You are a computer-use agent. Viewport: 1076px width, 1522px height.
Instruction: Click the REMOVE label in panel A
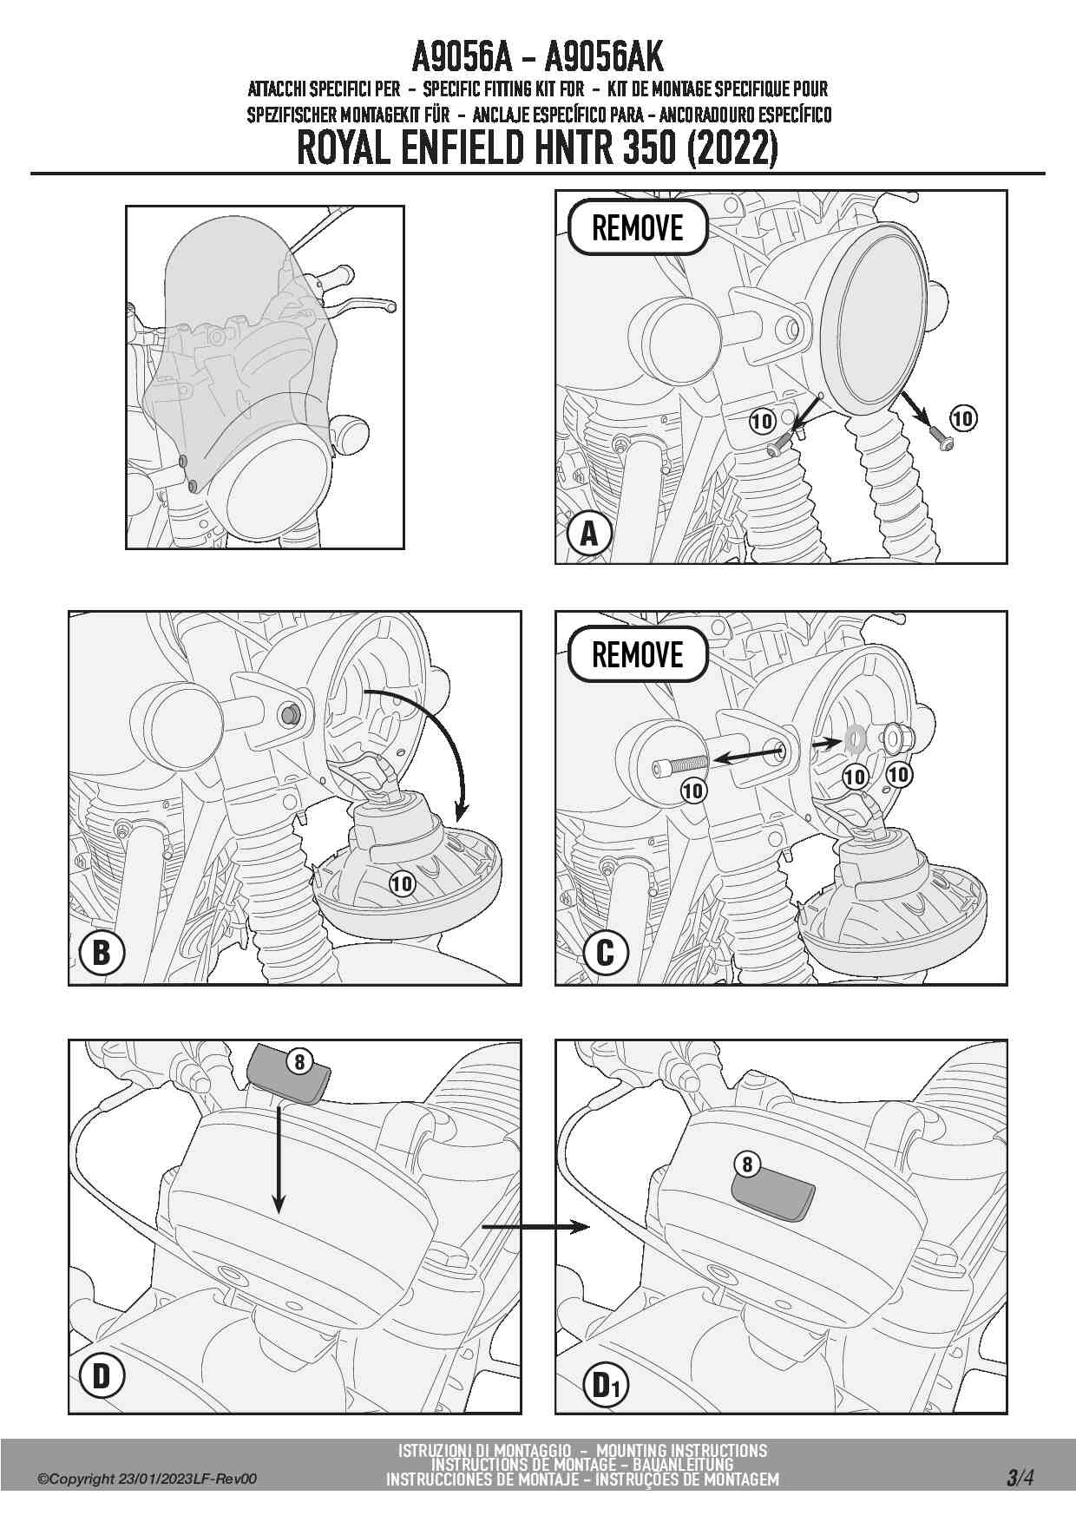(x=638, y=228)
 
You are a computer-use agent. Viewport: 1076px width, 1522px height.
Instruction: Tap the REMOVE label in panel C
(x=638, y=654)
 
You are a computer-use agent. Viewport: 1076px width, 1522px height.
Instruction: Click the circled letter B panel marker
(x=102, y=954)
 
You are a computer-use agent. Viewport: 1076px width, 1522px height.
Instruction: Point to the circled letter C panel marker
(x=605, y=954)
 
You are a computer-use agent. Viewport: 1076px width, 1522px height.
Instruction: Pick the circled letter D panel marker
(x=102, y=1376)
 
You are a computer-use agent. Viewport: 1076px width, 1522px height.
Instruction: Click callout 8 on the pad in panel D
(x=299, y=1061)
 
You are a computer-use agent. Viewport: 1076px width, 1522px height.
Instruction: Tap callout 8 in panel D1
(x=747, y=1165)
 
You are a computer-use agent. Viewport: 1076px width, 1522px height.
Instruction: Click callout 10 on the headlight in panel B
(x=402, y=884)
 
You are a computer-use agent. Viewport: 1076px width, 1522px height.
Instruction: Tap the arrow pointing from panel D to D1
(x=536, y=1226)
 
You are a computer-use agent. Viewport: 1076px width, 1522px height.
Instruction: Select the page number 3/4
(x=1020, y=1478)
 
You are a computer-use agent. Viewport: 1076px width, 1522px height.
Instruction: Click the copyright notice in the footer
(x=148, y=1479)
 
